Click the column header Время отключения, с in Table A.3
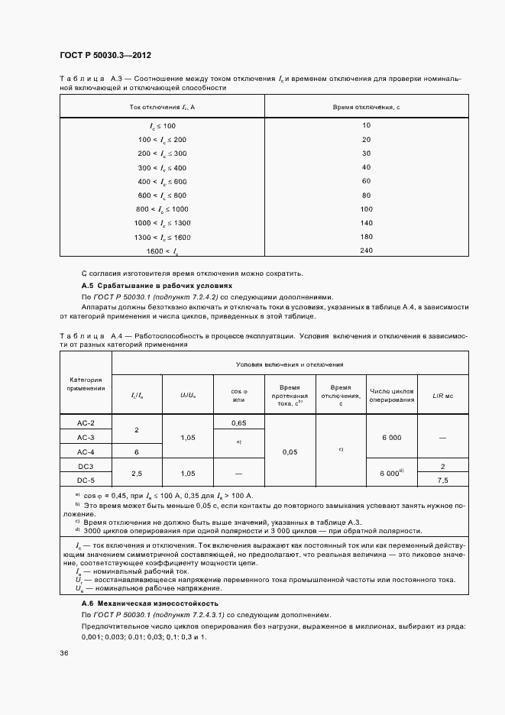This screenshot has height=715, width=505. click(x=366, y=107)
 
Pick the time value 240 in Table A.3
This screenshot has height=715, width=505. click(x=366, y=251)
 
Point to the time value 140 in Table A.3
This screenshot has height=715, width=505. click(x=366, y=222)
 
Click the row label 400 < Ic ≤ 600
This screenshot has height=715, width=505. click(x=162, y=181)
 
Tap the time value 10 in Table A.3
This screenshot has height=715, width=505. click(x=366, y=125)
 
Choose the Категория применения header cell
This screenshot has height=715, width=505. click(x=86, y=383)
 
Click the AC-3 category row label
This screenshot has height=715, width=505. click(x=86, y=438)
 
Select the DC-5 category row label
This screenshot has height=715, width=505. click(x=86, y=480)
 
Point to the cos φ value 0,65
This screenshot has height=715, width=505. click(x=238, y=422)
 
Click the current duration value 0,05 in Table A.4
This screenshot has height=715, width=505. click(x=290, y=451)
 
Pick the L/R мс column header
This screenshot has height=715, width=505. click(x=443, y=395)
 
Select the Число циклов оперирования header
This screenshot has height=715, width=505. click(x=392, y=395)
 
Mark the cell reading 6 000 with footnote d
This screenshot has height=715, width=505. click(x=392, y=473)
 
